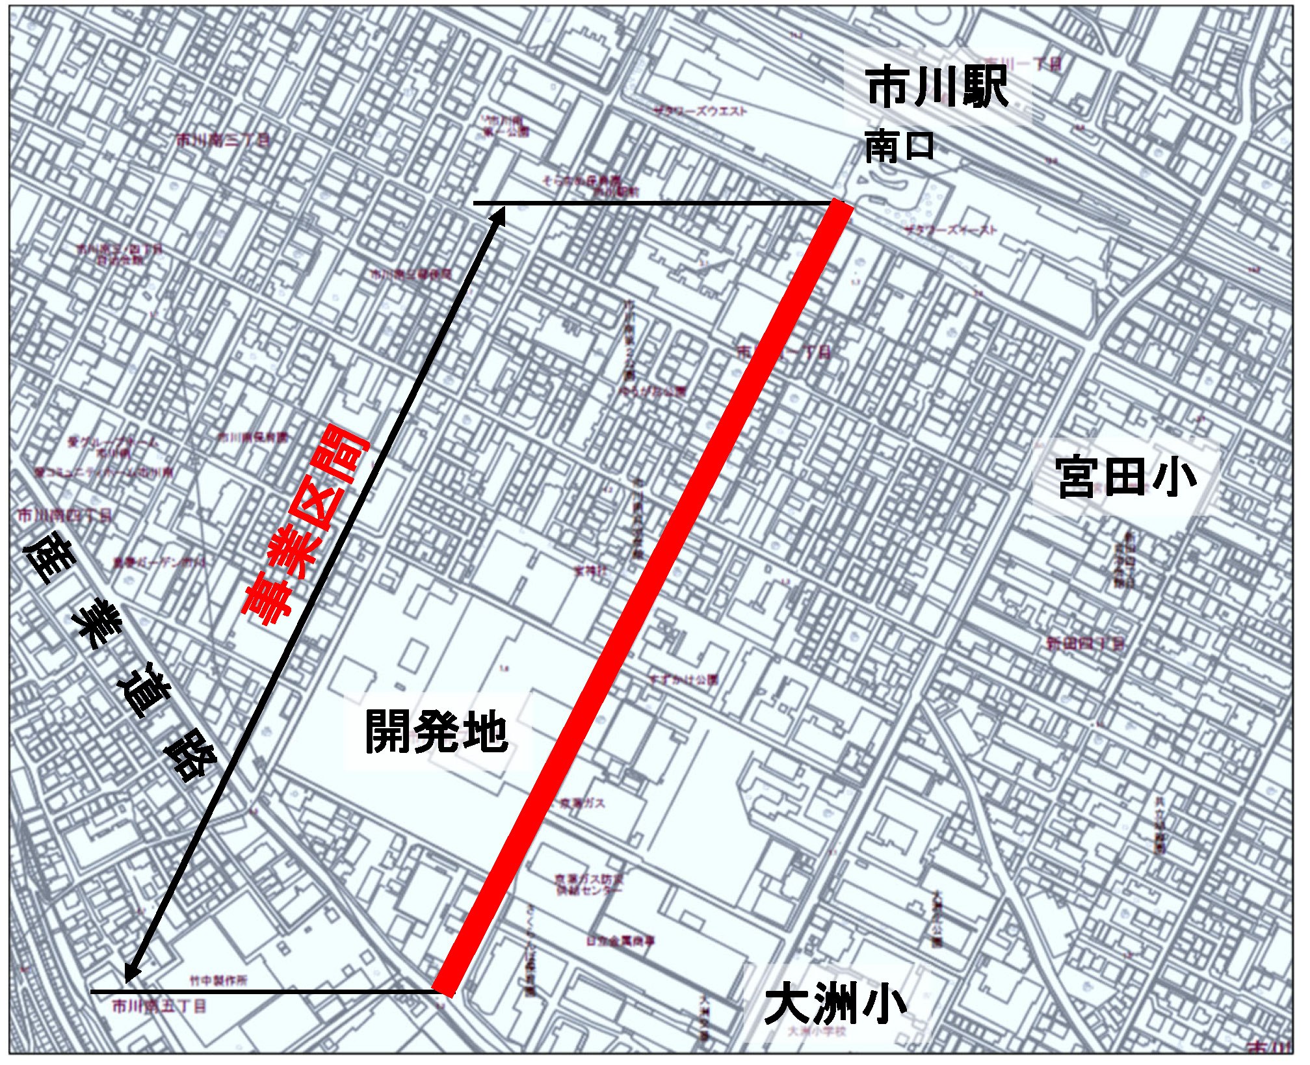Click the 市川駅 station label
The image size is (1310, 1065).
click(x=937, y=88)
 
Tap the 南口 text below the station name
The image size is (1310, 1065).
click(x=899, y=147)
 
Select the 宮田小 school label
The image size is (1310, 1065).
click(x=1125, y=479)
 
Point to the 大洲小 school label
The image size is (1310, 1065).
click(x=835, y=1006)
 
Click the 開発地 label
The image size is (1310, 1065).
click(x=436, y=732)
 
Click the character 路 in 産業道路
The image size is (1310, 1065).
click(x=190, y=757)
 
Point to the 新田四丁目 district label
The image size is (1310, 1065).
click(x=1084, y=644)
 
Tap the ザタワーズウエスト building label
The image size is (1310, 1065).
click(x=701, y=111)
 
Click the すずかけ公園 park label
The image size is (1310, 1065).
click(x=684, y=680)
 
